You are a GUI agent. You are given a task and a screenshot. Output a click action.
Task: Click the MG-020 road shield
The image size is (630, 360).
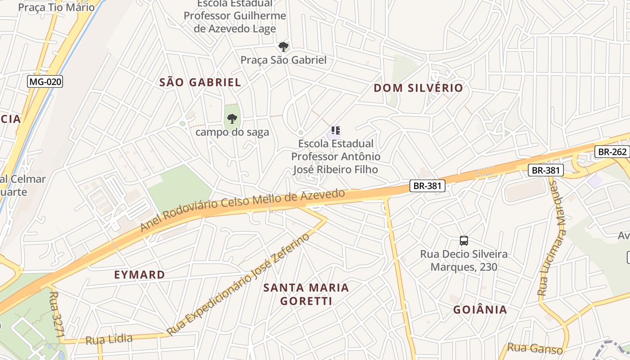pos(45,81)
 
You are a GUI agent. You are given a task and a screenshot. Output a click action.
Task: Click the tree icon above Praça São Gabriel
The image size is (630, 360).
pos(283,47)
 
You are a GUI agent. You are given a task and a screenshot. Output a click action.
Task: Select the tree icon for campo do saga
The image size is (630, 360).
pos(232,119)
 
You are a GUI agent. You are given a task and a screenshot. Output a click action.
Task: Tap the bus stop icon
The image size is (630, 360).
pos(464,241)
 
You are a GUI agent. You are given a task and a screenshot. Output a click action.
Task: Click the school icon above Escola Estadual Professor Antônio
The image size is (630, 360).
pos(335,131)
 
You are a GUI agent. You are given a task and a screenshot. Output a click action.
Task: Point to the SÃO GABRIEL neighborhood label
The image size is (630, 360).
pos(200,82)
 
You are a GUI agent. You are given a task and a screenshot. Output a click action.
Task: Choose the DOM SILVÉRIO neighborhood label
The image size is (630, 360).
pos(418,88)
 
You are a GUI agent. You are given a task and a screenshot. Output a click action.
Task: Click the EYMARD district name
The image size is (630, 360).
pos(139,274)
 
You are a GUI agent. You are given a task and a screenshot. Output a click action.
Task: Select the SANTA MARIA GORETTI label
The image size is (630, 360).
pos(306,294)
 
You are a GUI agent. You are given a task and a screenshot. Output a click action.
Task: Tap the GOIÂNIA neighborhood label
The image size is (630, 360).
pos(480,310)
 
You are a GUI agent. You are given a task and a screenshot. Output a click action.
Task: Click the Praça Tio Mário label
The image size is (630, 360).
pos(56,7)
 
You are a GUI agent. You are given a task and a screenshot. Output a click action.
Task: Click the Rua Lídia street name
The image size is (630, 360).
pos(109,339)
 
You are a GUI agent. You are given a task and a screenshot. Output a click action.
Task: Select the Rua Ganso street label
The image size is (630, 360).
pos(535,348)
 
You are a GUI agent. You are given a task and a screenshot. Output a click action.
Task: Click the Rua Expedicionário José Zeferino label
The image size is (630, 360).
pos(238,284)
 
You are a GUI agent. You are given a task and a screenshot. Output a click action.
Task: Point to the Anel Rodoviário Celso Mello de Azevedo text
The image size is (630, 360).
pos(243,210)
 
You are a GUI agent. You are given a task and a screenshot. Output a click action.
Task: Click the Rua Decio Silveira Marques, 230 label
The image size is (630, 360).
pos(464,260)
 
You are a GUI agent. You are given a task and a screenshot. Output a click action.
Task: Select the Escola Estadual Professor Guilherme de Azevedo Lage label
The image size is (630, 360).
pos(234,17)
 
